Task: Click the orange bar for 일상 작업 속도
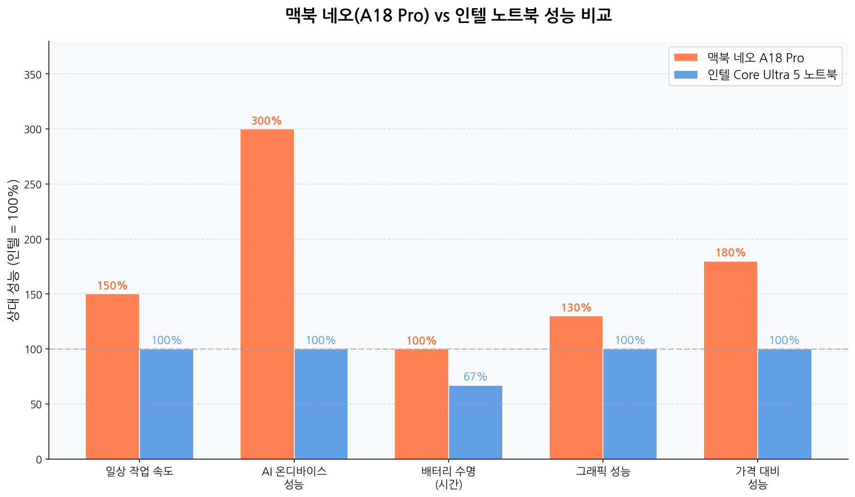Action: (112, 376)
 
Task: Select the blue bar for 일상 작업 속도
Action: (166, 404)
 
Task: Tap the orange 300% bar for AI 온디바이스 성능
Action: (267, 294)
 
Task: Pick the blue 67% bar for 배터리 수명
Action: (475, 422)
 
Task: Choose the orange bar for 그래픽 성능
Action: (576, 387)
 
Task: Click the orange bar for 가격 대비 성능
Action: (730, 360)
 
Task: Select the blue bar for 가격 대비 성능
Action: (785, 404)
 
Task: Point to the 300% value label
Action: (266, 121)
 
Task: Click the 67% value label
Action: (475, 377)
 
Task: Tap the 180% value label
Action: (730, 253)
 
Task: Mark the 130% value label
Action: (576, 308)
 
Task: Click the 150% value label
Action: (112, 286)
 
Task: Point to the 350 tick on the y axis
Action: (33, 74)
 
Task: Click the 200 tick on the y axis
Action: (33, 239)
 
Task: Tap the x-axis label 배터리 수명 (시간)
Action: (449, 477)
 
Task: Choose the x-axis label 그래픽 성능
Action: (603, 471)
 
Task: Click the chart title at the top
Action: (449, 15)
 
